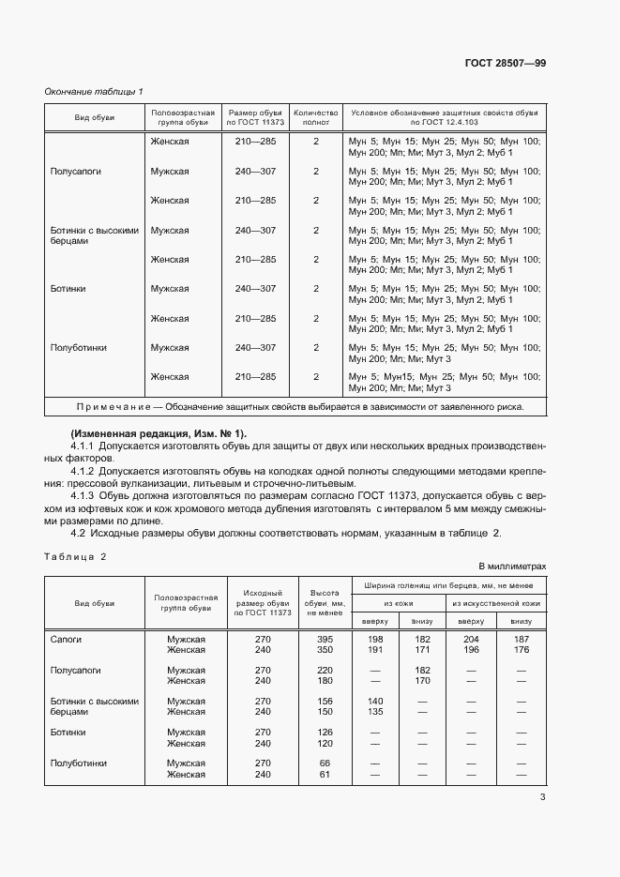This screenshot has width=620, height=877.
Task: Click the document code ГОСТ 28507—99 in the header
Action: (506, 63)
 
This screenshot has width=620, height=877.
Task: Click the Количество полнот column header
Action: (316, 116)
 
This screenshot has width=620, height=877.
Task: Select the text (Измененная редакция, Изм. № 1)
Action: (158, 432)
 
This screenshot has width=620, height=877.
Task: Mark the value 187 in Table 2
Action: (522, 639)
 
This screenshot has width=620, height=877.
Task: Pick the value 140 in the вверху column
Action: (376, 702)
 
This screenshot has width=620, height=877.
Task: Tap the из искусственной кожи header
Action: (496, 603)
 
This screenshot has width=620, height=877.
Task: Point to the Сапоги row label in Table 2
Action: (66, 639)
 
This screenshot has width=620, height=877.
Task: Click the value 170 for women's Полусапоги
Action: (422, 681)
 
